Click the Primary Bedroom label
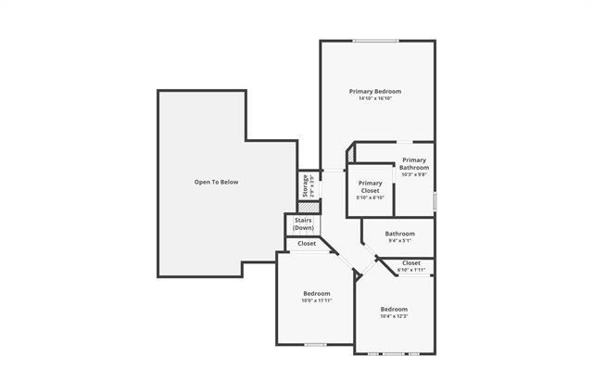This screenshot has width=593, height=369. click(x=375, y=91)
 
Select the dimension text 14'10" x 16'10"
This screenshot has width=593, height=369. click(x=375, y=99)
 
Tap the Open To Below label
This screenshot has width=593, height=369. click(x=216, y=182)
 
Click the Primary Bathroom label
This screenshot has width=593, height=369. click(x=413, y=163)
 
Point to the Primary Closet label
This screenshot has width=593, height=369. click(x=370, y=186)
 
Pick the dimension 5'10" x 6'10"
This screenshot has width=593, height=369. click(x=370, y=197)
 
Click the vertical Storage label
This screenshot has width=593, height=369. click(x=304, y=185)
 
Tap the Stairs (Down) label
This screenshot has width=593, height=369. click(x=303, y=223)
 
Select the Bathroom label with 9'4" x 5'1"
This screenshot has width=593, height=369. click(x=399, y=234)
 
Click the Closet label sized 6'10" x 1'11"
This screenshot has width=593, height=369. click(x=411, y=263)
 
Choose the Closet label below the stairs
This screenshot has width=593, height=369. click(x=307, y=244)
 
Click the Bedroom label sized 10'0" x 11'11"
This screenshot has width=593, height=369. click(x=317, y=293)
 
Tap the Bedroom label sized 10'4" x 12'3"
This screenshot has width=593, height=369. click(x=394, y=309)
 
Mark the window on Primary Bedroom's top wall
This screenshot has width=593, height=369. click(x=376, y=40)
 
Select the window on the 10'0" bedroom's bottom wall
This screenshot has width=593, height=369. click(x=316, y=345)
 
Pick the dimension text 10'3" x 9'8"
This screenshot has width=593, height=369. click(x=413, y=174)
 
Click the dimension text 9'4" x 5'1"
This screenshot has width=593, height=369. click(x=399, y=242)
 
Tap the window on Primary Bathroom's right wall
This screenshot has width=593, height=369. click(x=435, y=197)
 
